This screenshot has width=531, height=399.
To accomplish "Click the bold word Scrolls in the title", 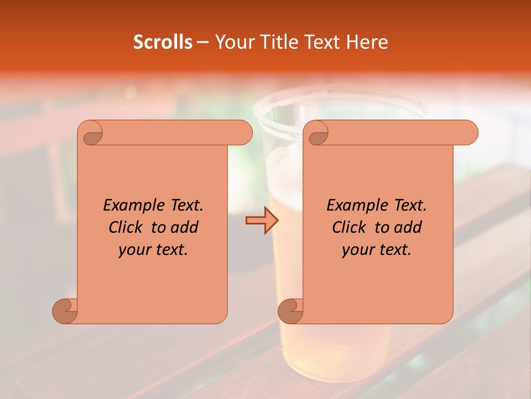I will pyautogui.click(x=163, y=42).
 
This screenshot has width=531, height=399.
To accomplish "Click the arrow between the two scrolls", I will pyautogui.click(x=262, y=221).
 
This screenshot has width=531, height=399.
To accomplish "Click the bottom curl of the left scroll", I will pyautogui.click(x=65, y=311).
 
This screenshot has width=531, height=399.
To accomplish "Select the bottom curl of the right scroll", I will pyautogui.click(x=290, y=311).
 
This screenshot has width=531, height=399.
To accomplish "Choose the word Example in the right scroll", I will pyautogui.click(x=355, y=205).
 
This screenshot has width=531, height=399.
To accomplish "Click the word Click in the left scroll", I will pyautogui.click(x=126, y=227).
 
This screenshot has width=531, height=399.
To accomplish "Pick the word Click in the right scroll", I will pyautogui.click(x=350, y=227).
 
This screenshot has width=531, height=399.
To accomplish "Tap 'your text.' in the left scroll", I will pyautogui.click(x=153, y=250).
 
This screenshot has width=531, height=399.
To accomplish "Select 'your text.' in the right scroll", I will pyautogui.click(x=377, y=250).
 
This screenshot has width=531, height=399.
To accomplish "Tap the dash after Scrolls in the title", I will pyautogui.click(x=202, y=42).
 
